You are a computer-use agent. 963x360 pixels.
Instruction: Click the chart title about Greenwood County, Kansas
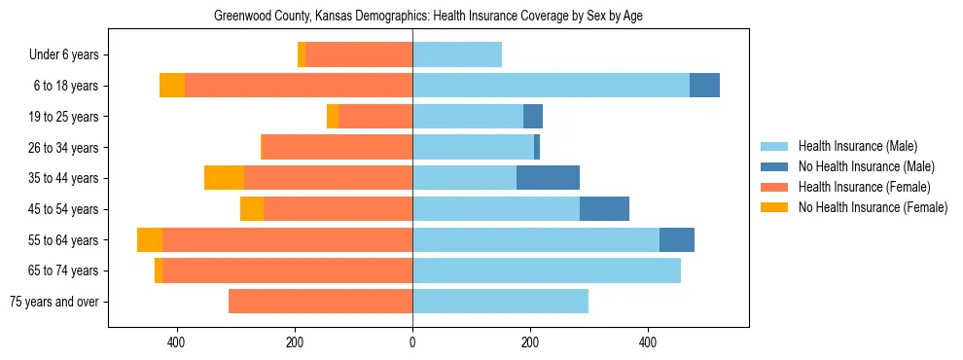[428, 16]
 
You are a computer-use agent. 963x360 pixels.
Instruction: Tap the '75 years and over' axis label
[54, 302]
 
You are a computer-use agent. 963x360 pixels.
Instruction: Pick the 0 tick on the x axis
[412, 342]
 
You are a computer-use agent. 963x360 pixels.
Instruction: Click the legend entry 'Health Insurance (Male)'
[857, 146]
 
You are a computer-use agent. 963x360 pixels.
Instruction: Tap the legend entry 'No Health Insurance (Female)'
[873, 207]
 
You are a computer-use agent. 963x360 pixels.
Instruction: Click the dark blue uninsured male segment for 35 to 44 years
[548, 178]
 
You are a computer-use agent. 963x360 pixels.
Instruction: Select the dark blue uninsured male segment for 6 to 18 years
[704, 86]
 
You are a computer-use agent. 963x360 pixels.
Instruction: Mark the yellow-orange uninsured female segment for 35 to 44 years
[224, 178]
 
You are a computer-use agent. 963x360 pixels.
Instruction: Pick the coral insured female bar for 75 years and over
[321, 302]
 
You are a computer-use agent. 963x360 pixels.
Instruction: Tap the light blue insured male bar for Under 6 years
[457, 55]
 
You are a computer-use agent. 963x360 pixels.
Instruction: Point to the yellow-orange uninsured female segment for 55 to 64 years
[150, 240]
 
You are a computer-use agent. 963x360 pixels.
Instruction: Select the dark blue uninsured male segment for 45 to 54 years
[604, 209]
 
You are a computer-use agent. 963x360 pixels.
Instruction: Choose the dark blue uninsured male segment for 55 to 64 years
[677, 240]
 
